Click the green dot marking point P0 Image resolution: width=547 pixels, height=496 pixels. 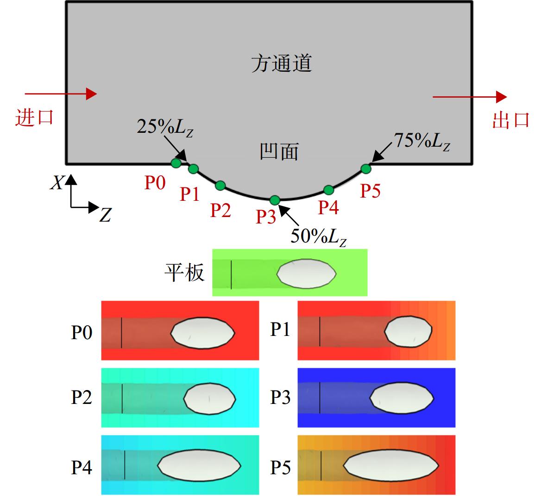(176, 163)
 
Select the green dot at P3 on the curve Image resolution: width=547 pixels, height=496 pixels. (275, 200)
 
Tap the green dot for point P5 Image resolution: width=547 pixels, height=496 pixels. (365, 169)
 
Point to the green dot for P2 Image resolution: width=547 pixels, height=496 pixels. (220, 186)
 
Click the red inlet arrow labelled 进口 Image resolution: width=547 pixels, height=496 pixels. (61, 94)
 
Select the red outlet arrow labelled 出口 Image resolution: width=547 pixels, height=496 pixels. (470, 97)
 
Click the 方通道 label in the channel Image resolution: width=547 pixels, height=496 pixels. (282, 64)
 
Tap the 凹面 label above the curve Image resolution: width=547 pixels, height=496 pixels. (279, 152)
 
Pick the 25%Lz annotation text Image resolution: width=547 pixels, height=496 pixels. (165, 128)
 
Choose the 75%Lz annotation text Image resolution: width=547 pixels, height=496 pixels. (422, 142)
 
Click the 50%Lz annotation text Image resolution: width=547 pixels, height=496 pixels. (319, 237)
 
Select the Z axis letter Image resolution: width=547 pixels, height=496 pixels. (105, 214)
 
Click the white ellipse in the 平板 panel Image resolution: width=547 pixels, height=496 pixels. (306, 273)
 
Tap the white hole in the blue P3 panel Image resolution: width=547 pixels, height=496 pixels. (402, 398)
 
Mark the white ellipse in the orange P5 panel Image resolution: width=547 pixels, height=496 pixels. (391, 465)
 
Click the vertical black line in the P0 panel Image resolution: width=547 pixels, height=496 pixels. (121, 333)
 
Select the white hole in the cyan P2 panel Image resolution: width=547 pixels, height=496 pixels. (210, 398)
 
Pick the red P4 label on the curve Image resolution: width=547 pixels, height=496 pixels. (328, 207)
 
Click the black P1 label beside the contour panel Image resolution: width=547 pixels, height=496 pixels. (280, 329)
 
